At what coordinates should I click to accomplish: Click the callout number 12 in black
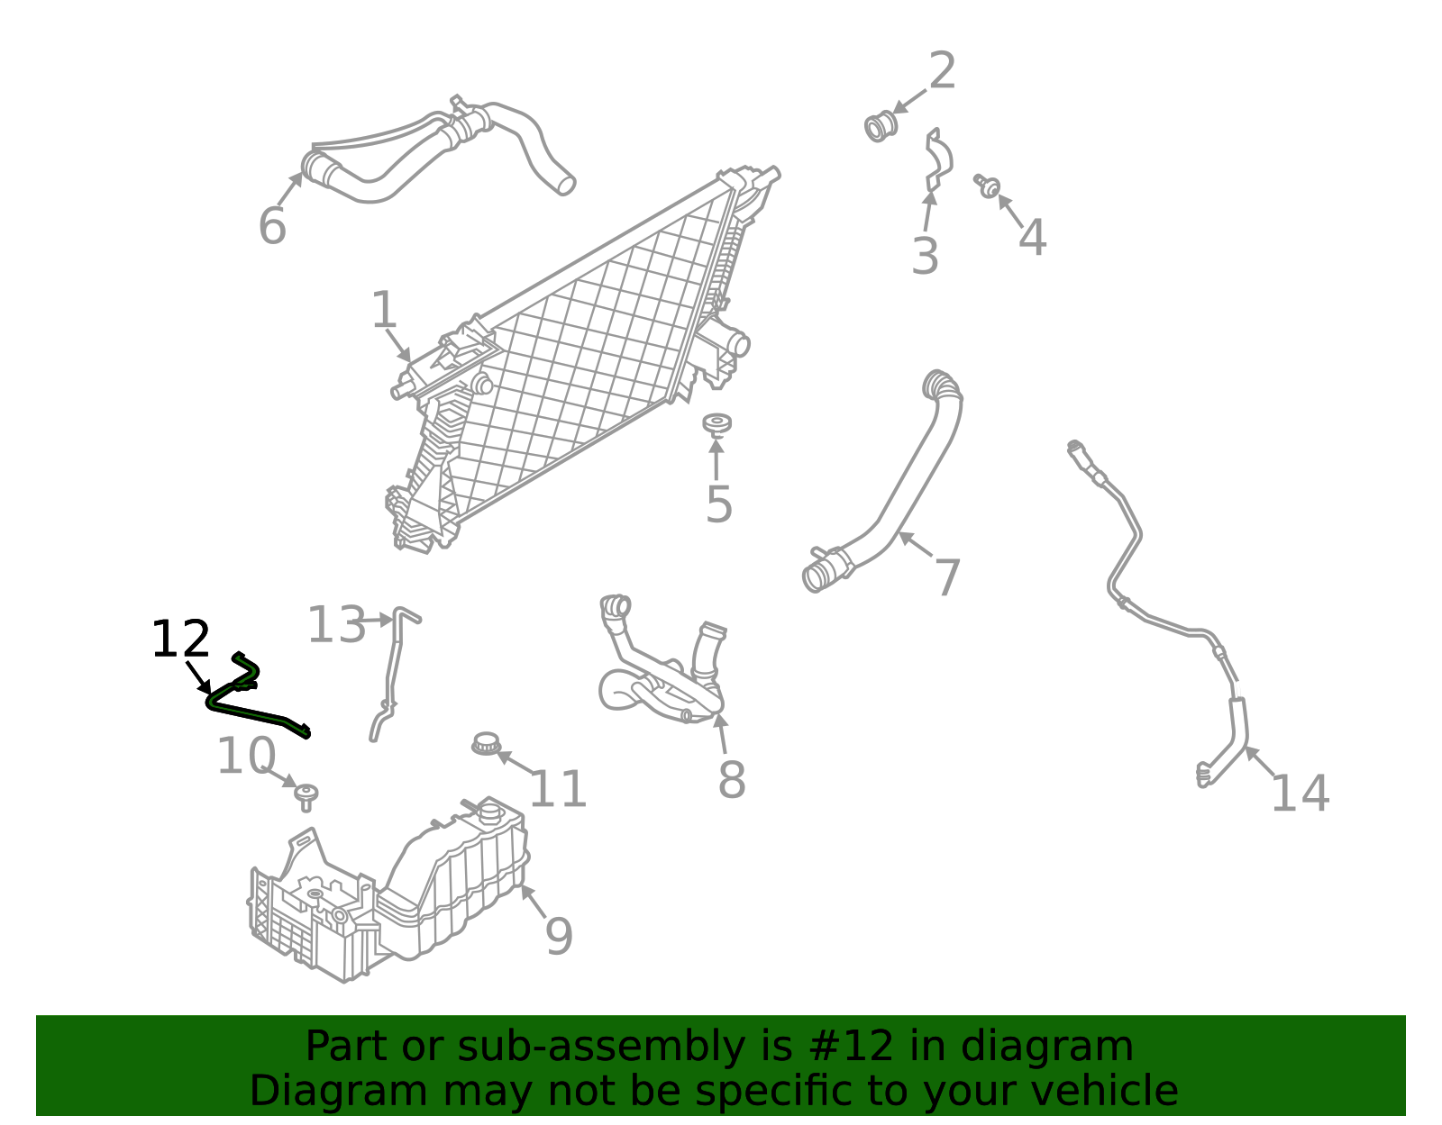[x=180, y=640]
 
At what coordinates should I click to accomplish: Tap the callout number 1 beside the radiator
[x=384, y=310]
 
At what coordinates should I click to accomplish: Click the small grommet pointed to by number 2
[x=881, y=126]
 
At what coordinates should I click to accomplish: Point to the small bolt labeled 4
[x=988, y=186]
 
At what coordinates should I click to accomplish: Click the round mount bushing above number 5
[x=716, y=423]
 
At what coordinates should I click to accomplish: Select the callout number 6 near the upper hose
[x=272, y=226]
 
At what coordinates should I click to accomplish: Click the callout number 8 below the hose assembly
[x=732, y=780]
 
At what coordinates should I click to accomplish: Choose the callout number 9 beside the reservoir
[x=559, y=936]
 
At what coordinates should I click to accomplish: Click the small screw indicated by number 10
[x=306, y=797]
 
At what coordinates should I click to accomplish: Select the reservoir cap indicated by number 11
[x=486, y=744]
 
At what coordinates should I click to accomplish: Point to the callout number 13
[x=336, y=624]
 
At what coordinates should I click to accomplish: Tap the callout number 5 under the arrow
[x=718, y=505]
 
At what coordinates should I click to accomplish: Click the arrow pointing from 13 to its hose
[x=379, y=621]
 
